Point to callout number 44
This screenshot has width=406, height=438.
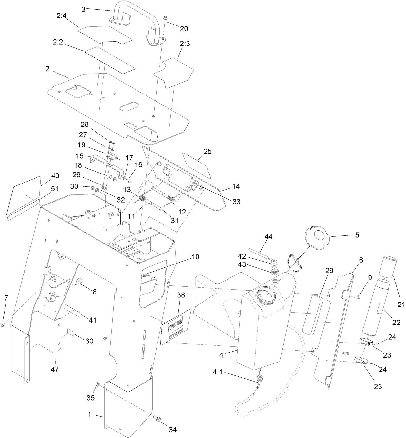tap(268, 237)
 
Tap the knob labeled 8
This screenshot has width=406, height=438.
tap(79, 282)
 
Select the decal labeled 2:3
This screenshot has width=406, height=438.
tap(173, 73)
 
